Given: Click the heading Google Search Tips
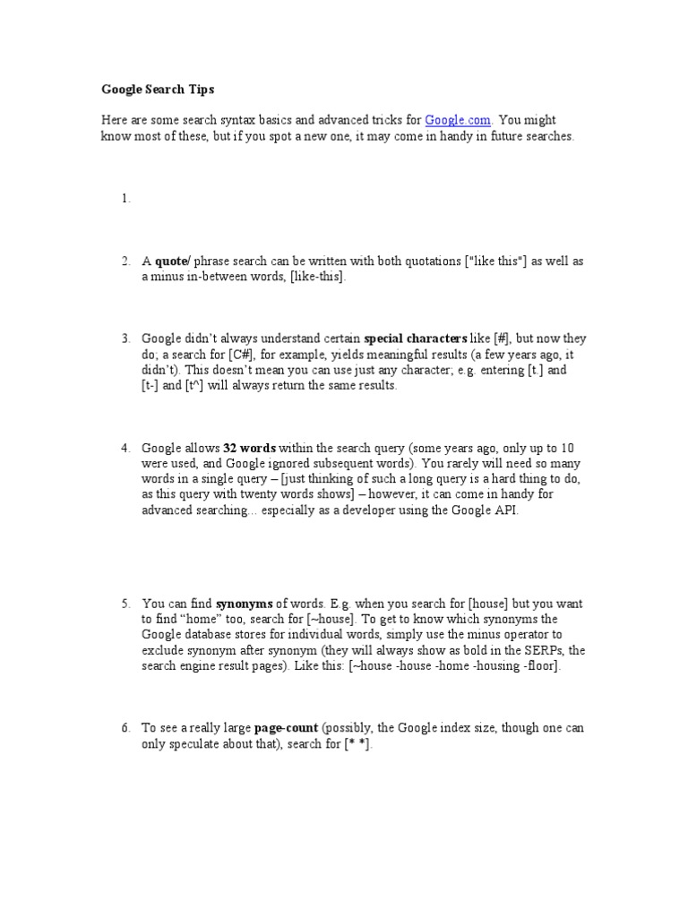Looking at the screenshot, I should (x=158, y=90).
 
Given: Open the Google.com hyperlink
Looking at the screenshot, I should (x=458, y=120).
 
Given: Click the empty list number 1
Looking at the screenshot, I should (x=125, y=199).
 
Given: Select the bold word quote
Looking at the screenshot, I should (x=170, y=261).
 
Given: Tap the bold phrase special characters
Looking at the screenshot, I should (x=416, y=339).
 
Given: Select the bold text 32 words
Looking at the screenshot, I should (x=249, y=447).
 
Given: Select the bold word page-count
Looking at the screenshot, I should (x=286, y=729).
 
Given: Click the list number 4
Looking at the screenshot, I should (x=125, y=447).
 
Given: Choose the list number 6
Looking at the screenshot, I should (x=125, y=729).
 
